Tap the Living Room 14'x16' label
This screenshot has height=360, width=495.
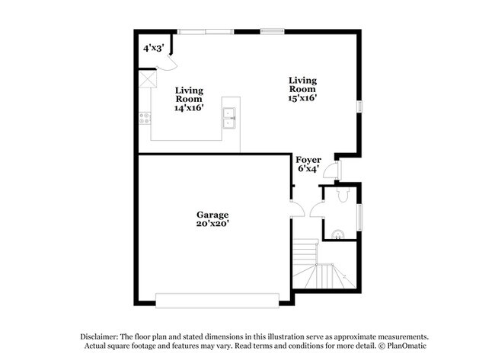tap(189, 100)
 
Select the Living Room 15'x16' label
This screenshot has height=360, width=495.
tap(302, 89)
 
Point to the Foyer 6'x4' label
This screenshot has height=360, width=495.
tap(308, 164)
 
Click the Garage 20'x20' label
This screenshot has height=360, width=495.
tap(212, 219)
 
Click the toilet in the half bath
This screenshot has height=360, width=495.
tap(343, 196)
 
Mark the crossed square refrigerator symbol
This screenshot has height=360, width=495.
tap(146, 79)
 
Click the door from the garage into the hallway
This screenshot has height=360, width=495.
tap(298, 209)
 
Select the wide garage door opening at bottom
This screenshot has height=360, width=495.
tap(218, 299)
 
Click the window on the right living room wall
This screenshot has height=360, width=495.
tap(360, 107)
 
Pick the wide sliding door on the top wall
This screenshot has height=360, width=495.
tap(206, 30)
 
